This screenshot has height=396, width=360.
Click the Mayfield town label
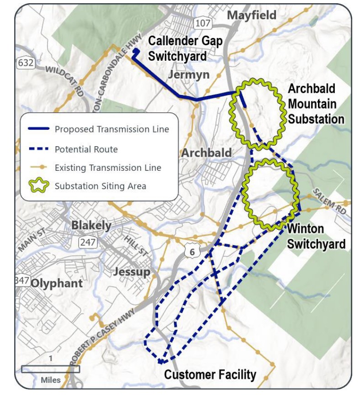pyautogui.click(x=252, y=15)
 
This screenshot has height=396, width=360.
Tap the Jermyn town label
pyautogui.click(x=189, y=74)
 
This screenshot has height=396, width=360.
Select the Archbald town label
pyautogui.click(x=206, y=153)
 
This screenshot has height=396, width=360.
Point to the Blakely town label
pyautogui.click(x=91, y=225)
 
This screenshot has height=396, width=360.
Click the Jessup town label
pyautogui.click(x=132, y=272)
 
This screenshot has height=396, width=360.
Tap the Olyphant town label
pyautogui.click(x=57, y=283)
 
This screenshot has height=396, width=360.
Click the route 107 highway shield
pyautogui.click(x=202, y=23)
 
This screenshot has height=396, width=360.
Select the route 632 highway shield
pyautogui.click(x=26, y=63)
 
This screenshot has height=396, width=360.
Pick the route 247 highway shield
pyautogui.click(x=87, y=242)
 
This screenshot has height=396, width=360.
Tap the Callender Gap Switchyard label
pyautogui.click(x=185, y=48)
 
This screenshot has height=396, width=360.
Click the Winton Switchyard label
pyautogui.click(x=316, y=236)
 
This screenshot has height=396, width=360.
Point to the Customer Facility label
pyautogui.click(x=210, y=375)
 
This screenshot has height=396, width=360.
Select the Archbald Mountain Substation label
pyautogui.click(x=316, y=104)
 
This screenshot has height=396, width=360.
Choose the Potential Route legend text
pyautogui.click(x=86, y=149)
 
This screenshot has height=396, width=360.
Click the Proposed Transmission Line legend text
pyautogui.click(x=112, y=129)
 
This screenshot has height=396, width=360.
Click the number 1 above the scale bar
pyautogui.click(x=51, y=359)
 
